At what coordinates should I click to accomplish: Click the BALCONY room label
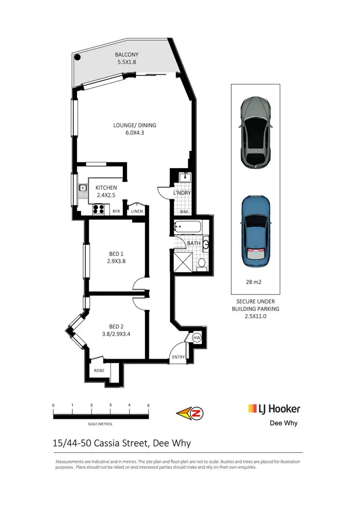(127, 55)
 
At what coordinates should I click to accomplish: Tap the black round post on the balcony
(78, 57)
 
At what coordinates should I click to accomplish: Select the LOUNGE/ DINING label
(135, 125)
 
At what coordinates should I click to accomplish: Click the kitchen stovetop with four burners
(99, 209)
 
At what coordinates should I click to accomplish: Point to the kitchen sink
(83, 188)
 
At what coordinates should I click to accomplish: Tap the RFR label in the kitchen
(116, 211)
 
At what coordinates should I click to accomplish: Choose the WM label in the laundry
(183, 211)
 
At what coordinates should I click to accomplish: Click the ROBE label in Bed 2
(99, 370)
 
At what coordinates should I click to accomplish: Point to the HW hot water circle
(196, 338)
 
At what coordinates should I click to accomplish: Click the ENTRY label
(178, 357)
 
